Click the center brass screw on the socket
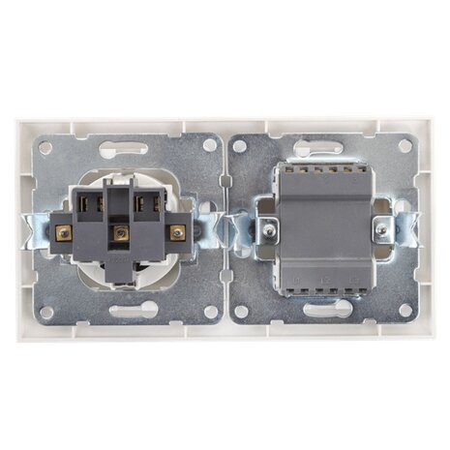tap(121, 232)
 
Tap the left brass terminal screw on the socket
tap(64, 232)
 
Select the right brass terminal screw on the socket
tap(177, 232)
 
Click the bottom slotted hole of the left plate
tap(122, 312)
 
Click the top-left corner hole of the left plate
tap(47, 145)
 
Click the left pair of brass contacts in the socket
tap(93, 204)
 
